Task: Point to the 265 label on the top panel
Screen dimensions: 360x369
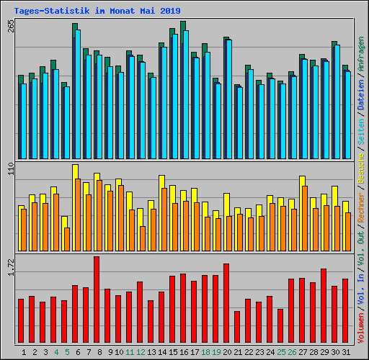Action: point(10,27)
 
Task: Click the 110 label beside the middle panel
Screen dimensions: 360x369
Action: point(10,171)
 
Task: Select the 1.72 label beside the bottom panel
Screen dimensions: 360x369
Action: point(10,269)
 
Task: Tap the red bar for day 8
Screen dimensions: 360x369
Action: point(97,300)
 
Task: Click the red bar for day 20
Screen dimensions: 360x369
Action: point(226,303)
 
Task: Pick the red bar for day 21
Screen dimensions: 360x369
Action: point(237,327)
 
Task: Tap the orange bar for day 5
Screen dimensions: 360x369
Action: point(67,239)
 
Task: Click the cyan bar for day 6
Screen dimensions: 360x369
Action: point(78,94)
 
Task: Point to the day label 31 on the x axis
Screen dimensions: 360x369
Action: point(345,352)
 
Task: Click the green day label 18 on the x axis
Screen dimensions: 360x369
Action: point(205,352)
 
